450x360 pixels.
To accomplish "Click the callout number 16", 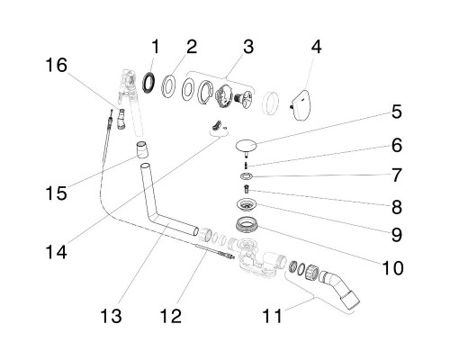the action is click(x=57, y=66).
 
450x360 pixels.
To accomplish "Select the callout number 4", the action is click(x=317, y=48).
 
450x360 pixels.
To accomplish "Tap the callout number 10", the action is click(x=392, y=267).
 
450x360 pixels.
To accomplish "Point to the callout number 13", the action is click(x=111, y=316).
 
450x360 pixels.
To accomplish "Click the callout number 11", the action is click(x=273, y=316).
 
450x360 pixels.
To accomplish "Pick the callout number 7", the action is click(x=397, y=175).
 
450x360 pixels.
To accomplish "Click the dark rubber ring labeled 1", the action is click(x=148, y=83).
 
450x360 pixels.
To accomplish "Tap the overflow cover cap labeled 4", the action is click(x=301, y=105).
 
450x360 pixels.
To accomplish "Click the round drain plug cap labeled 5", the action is click(x=246, y=146).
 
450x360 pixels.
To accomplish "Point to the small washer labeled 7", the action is click(x=247, y=176).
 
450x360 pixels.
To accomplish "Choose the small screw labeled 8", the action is click(x=247, y=190).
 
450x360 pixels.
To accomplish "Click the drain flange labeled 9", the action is click(x=246, y=204).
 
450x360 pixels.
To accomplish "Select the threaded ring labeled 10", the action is click(x=247, y=226).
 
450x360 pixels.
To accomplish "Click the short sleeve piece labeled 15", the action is click(x=142, y=149).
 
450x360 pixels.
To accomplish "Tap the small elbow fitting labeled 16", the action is click(x=121, y=120).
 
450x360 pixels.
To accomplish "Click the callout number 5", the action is click(x=397, y=112).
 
